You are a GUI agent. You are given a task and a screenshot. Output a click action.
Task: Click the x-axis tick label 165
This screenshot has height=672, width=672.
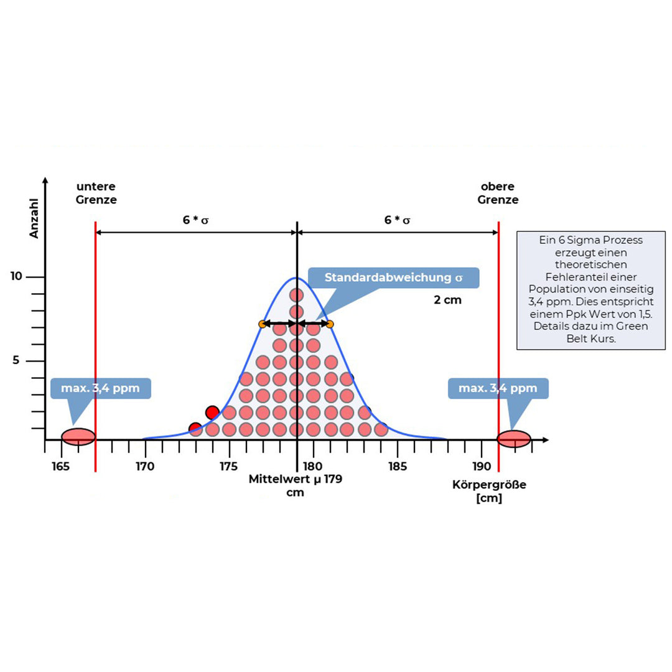[60, 466]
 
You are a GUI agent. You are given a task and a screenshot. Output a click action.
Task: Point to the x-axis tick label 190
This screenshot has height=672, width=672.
[481, 466]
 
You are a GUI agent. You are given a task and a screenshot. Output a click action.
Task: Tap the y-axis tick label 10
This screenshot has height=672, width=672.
[17, 276]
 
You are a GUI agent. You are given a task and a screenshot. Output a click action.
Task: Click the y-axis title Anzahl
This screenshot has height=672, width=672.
[35, 218]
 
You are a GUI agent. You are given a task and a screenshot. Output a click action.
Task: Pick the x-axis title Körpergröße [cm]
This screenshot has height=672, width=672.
[489, 491]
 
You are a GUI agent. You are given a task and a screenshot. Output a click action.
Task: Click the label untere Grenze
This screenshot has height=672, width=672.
[96, 193]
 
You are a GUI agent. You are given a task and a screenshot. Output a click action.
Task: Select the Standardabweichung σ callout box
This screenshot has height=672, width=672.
[393, 278]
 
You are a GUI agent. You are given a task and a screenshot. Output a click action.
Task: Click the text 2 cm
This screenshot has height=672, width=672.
[448, 300]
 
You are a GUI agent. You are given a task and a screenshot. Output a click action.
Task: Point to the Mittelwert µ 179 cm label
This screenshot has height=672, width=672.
[296, 485]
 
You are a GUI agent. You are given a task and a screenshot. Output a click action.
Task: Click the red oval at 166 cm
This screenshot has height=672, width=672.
[78, 437]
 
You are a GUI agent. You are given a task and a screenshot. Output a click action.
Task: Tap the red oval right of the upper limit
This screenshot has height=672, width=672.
[515, 439]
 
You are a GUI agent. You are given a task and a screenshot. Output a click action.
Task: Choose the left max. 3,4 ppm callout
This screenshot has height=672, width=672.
[100, 388]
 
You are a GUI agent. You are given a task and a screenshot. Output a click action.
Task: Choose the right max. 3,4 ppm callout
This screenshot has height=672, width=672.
[498, 388]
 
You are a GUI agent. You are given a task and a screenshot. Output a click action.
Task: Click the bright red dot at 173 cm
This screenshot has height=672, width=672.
[195, 429]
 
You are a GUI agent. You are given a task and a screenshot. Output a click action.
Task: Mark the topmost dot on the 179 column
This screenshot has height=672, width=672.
[296, 295]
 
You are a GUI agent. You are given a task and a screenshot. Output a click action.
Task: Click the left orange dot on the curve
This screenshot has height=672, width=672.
[263, 324]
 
